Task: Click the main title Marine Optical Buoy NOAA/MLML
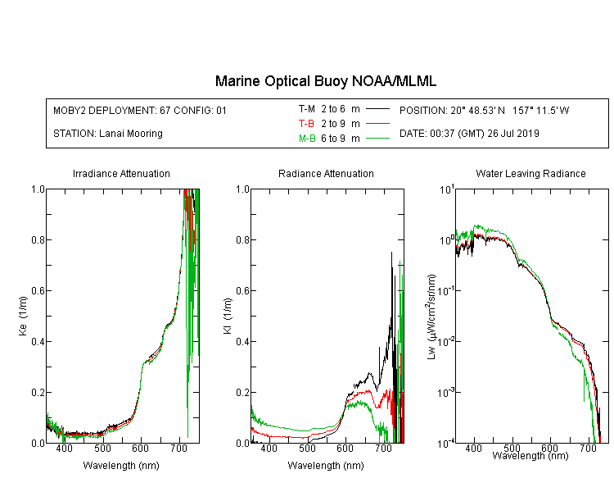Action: click(x=325, y=81)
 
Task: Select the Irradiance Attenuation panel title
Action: click(x=121, y=174)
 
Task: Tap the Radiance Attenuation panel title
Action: click(x=326, y=174)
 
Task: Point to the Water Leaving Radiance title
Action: click(x=530, y=174)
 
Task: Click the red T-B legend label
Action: click(x=306, y=124)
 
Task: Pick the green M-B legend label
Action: click(x=307, y=139)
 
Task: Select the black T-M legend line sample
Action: click(x=377, y=109)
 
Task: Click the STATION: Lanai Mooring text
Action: click(x=108, y=134)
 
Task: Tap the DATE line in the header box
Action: click(x=469, y=134)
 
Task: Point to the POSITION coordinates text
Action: click(x=485, y=110)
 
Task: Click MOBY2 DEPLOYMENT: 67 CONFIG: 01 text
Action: click(x=140, y=110)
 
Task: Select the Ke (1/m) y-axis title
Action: click(x=23, y=316)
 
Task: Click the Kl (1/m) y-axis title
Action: click(x=228, y=317)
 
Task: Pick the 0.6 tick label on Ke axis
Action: click(x=38, y=291)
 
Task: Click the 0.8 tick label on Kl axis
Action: click(x=243, y=239)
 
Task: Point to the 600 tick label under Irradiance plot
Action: click(x=141, y=448)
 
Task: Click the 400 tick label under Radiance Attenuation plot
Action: click(x=269, y=448)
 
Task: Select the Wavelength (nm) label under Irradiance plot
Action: click(x=121, y=466)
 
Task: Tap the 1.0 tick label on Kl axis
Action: click(x=243, y=189)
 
